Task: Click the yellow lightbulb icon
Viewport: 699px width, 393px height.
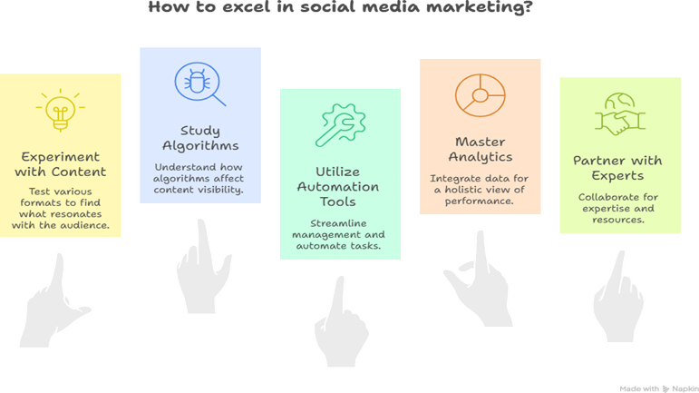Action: coord(60,110)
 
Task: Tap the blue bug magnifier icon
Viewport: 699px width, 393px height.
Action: coord(200,84)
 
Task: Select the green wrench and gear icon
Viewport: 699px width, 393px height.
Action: coord(340,125)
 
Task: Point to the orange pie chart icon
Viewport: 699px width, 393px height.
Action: coord(481,95)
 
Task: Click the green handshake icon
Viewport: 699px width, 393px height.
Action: coord(620,113)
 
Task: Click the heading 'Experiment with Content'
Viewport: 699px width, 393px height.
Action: coord(60,164)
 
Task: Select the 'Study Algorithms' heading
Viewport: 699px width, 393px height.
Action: coord(200,138)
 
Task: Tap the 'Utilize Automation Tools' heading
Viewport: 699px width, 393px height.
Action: coord(338,186)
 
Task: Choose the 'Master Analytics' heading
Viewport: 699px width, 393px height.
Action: coord(481,150)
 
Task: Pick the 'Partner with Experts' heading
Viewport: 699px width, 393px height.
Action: coord(617,168)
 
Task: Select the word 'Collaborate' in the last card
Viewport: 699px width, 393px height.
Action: coord(602,197)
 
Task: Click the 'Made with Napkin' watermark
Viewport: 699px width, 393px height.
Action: coord(659,389)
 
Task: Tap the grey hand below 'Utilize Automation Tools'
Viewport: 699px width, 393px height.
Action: coord(341,321)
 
